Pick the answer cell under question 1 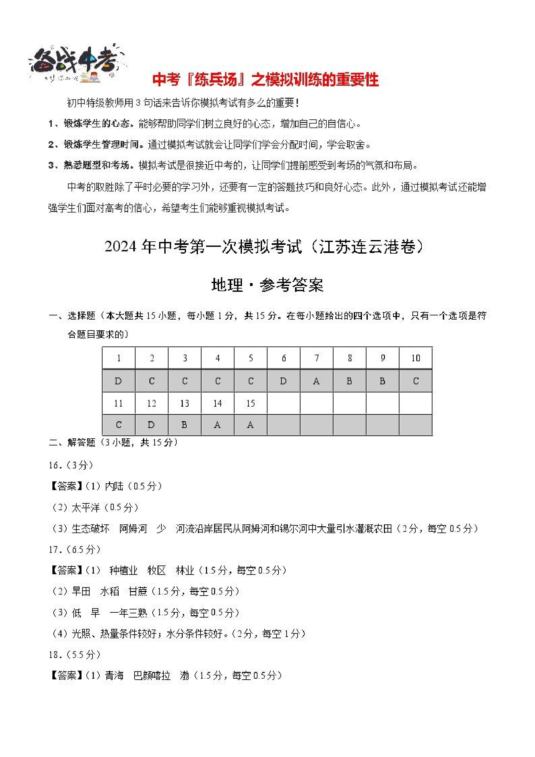pos(118,381)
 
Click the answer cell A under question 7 pos(316,381)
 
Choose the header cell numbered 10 pos(415,358)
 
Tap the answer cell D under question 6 pos(283,381)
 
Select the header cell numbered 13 pos(185,403)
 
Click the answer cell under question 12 pos(151,425)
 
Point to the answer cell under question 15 pos(251,425)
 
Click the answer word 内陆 pos(114,486)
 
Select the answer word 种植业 pos(123,571)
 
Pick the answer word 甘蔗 pos(138,591)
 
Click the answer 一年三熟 pos(128,613)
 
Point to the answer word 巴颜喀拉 pos(152,676)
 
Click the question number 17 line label pos(54,550)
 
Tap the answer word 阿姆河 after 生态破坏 pos(133,529)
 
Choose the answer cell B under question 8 pos(349,381)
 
